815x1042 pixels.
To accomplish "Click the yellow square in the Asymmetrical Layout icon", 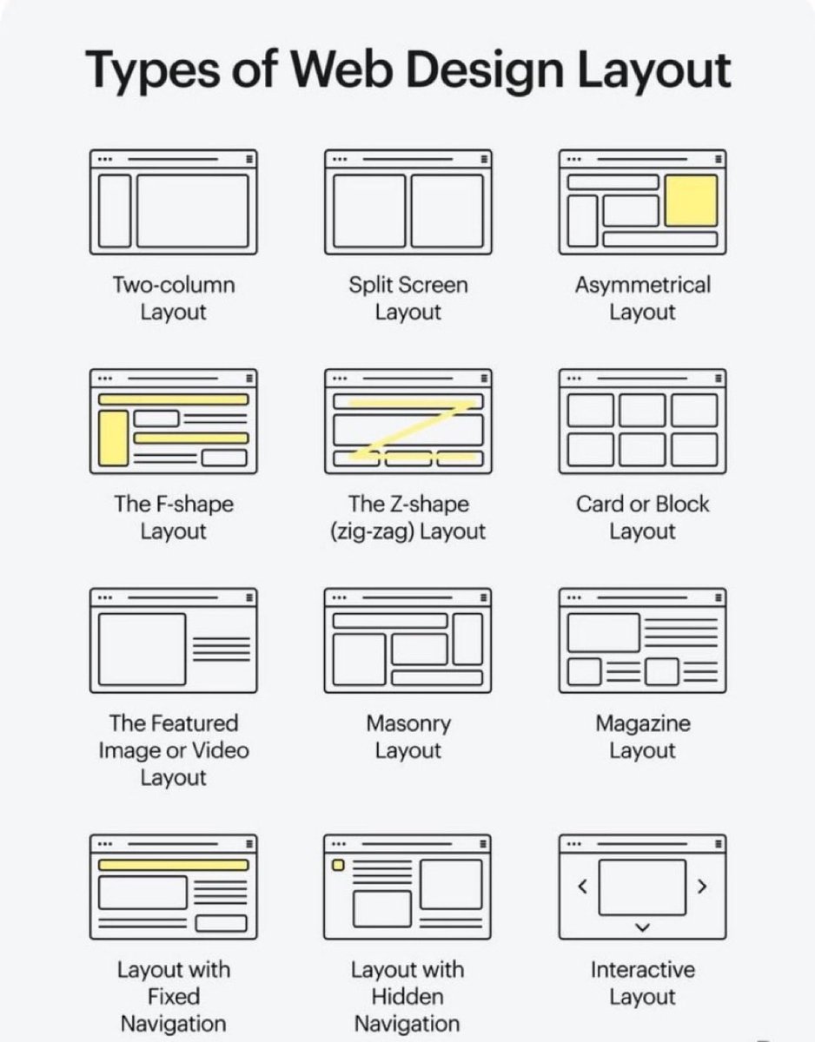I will (x=692, y=200).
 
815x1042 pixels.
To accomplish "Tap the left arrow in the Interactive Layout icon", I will (x=583, y=887).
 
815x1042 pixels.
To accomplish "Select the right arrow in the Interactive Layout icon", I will (x=702, y=887).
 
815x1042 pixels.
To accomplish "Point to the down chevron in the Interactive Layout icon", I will (x=642, y=927).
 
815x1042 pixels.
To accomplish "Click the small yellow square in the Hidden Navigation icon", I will (x=338, y=865).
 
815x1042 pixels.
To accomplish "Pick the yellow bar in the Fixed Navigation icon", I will (x=173, y=865).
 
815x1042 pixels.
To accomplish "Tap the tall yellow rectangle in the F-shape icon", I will (x=112, y=437).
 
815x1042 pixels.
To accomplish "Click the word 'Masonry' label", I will (x=407, y=723).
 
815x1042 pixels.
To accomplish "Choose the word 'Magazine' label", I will (x=642, y=723).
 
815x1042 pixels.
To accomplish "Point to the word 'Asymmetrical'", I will (x=642, y=285).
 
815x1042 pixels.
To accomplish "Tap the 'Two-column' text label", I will (x=173, y=285).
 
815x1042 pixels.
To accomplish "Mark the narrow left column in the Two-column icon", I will (x=114, y=210).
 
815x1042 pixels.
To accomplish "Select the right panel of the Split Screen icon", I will (x=447, y=210).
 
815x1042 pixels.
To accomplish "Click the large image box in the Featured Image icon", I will (x=142, y=649).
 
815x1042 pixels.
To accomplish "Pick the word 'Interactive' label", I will (x=642, y=969).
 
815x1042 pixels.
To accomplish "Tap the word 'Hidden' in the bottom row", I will (x=407, y=997).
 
